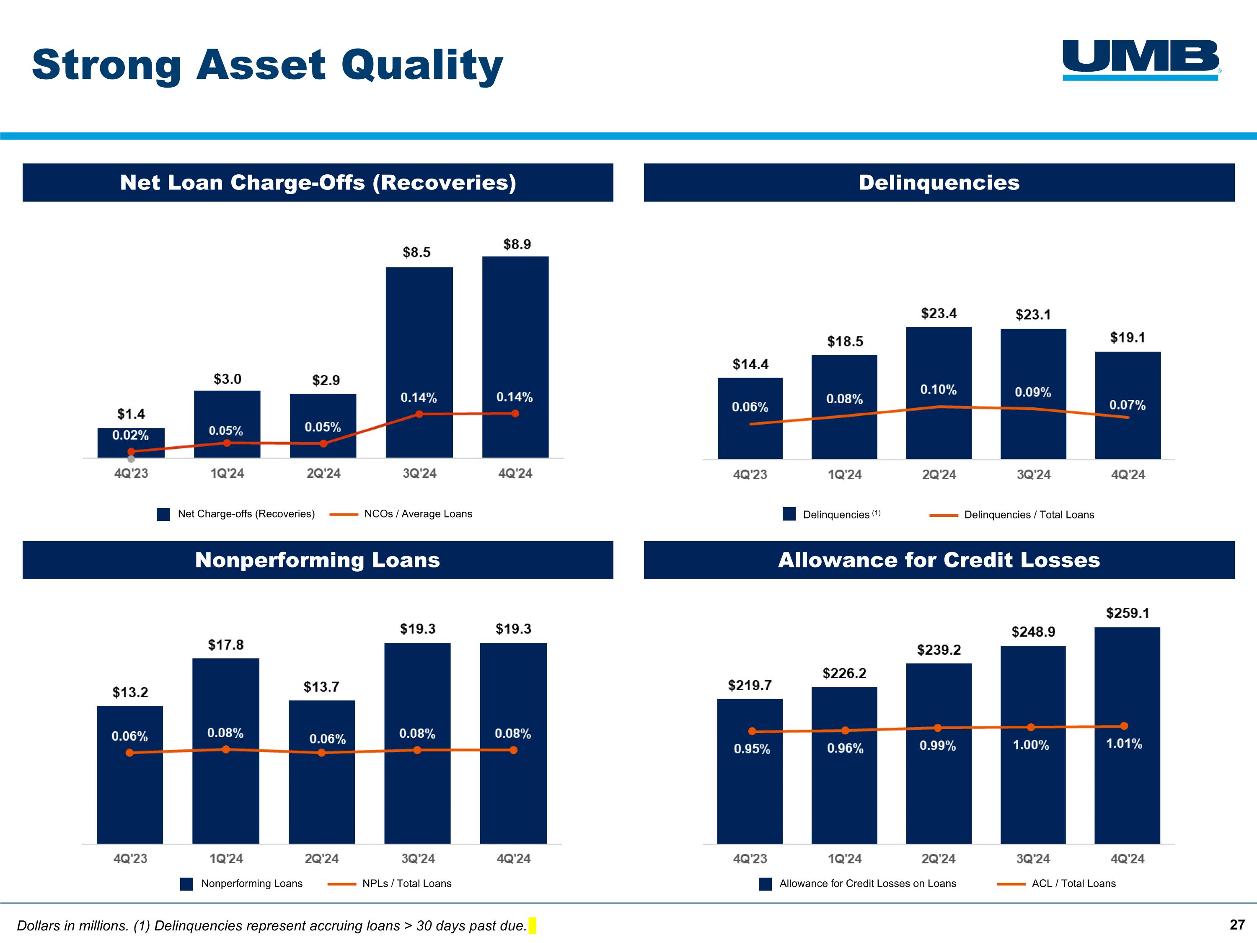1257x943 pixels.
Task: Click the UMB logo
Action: point(1141,59)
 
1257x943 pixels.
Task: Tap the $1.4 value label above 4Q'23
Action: point(131,414)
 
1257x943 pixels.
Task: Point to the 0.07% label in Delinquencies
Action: point(1128,405)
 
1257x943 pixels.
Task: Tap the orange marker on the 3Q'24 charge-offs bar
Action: point(419,415)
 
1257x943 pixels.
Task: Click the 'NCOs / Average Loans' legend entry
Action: point(418,514)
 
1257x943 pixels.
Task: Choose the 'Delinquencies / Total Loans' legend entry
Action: point(1029,515)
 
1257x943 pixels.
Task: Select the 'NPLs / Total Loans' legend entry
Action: point(406,883)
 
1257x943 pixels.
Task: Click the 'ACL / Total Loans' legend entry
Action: point(1073,883)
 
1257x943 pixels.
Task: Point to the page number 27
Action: point(1237,925)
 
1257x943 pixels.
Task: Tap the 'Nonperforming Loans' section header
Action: point(318,560)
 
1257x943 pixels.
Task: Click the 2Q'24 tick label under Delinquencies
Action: point(939,474)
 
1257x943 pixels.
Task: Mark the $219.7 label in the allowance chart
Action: point(750,686)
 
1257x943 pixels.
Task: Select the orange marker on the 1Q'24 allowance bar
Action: point(845,731)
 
